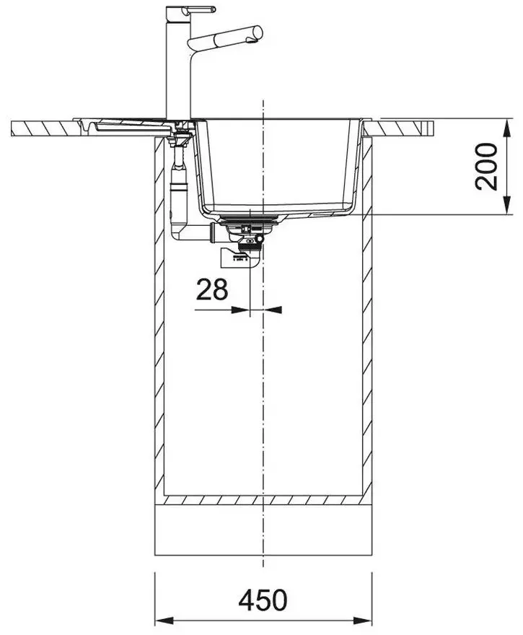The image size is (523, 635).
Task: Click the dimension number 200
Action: [x=486, y=166]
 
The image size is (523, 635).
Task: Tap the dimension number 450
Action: [x=263, y=600]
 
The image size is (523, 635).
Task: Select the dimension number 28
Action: [x=212, y=289]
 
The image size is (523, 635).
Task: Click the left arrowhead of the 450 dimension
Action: [x=164, y=621]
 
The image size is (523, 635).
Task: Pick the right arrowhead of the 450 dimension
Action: [x=363, y=621]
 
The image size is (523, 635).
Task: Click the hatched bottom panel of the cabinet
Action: [x=263, y=500]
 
